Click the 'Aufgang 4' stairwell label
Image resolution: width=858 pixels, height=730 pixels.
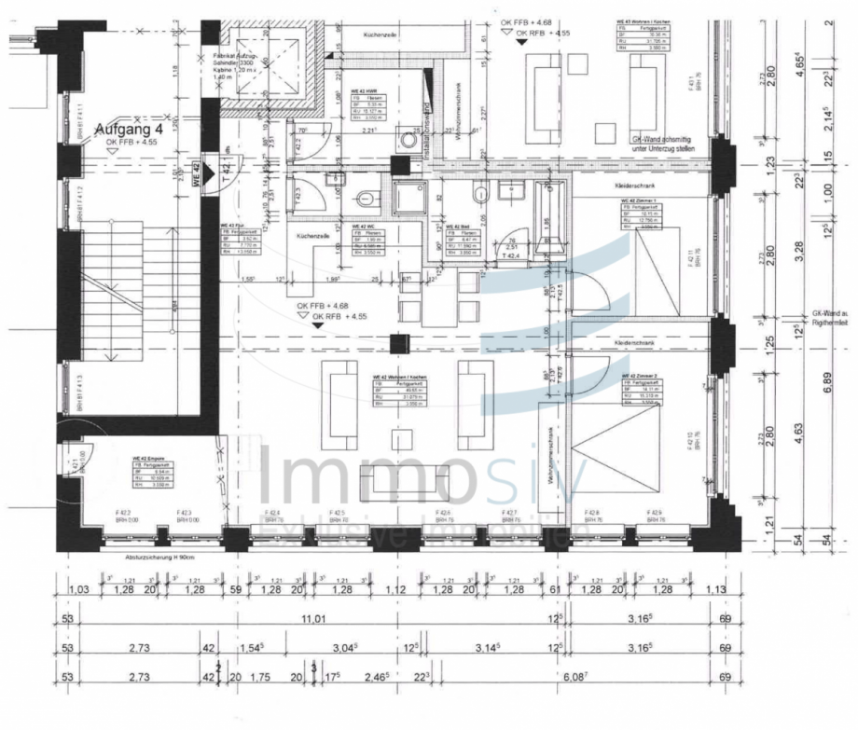pyautogui.click(x=131, y=129)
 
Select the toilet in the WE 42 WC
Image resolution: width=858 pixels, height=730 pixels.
pyautogui.click(x=366, y=199)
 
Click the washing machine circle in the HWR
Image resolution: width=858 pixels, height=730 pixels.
pyautogui.click(x=408, y=142)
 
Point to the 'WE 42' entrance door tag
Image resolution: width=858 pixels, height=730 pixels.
pyautogui.click(x=197, y=172)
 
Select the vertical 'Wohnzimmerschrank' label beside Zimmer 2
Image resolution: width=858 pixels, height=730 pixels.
pyautogui.click(x=551, y=457)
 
